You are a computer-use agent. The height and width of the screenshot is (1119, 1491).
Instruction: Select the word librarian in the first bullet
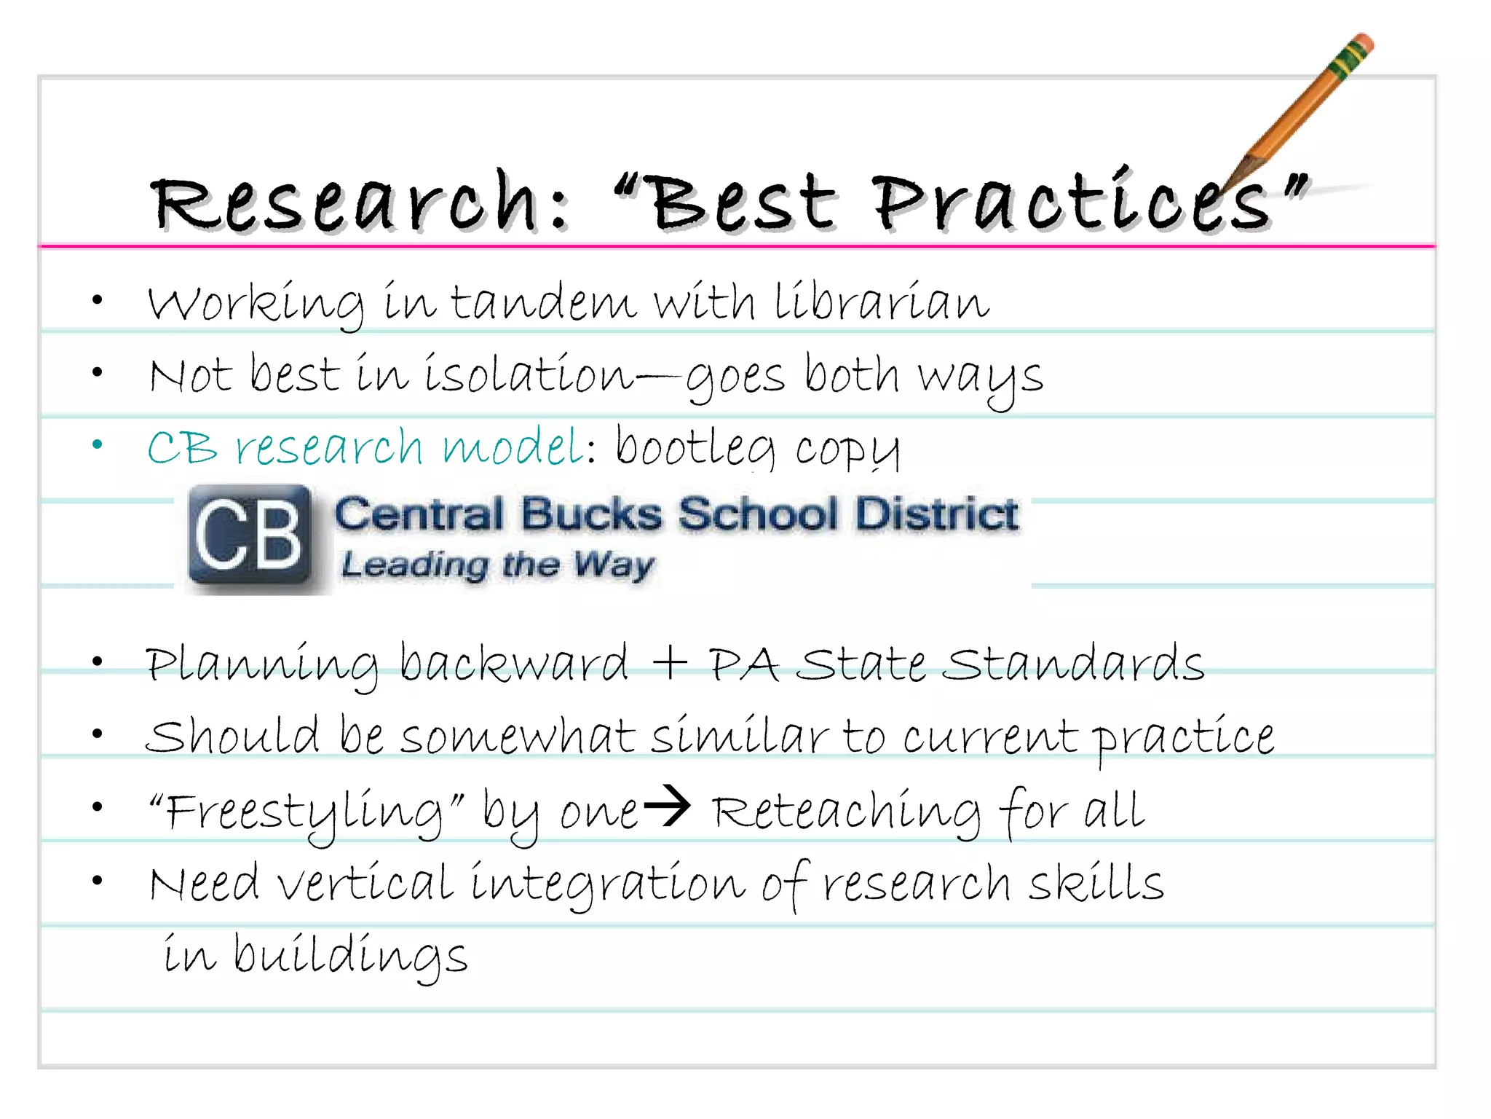pyautogui.click(x=881, y=302)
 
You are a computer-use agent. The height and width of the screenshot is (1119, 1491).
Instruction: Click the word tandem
pyautogui.click(x=543, y=302)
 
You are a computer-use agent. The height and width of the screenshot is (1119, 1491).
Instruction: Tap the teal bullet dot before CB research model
pyautogui.click(x=98, y=444)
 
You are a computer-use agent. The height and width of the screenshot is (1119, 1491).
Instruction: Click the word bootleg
pyautogui.click(x=696, y=447)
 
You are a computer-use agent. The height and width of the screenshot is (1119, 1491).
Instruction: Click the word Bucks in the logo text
pyautogui.click(x=591, y=514)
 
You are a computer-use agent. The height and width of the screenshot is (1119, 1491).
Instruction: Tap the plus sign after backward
pyautogui.click(x=670, y=663)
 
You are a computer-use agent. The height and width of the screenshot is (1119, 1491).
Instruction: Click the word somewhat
pyautogui.click(x=517, y=737)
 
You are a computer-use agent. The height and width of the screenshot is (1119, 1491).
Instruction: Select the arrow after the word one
pyautogui.click(x=667, y=806)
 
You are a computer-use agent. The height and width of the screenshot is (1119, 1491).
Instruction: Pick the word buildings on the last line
pyautogui.click(x=350, y=956)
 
